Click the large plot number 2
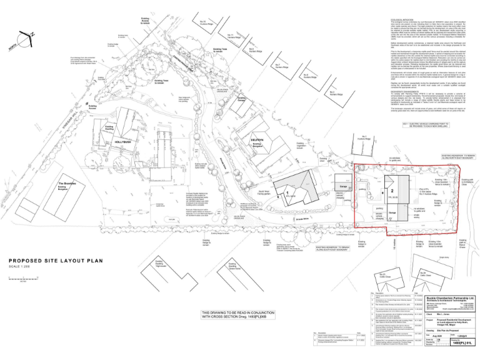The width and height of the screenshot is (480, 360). pyautogui.click(x=392, y=190)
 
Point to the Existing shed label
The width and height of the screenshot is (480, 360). pyautogui.click(x=323, y=160)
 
